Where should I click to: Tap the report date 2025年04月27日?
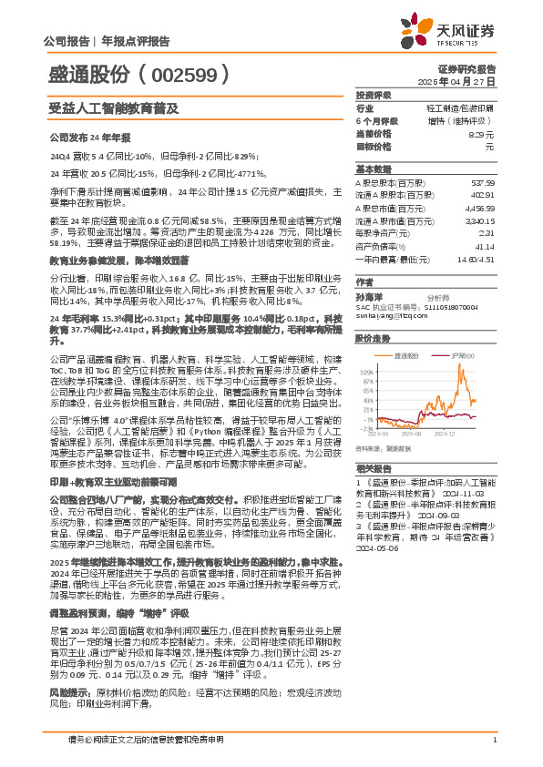(x=466, y=81)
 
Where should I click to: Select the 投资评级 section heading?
(x=374, y=95)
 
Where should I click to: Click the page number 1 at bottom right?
(x=493, y=740)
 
